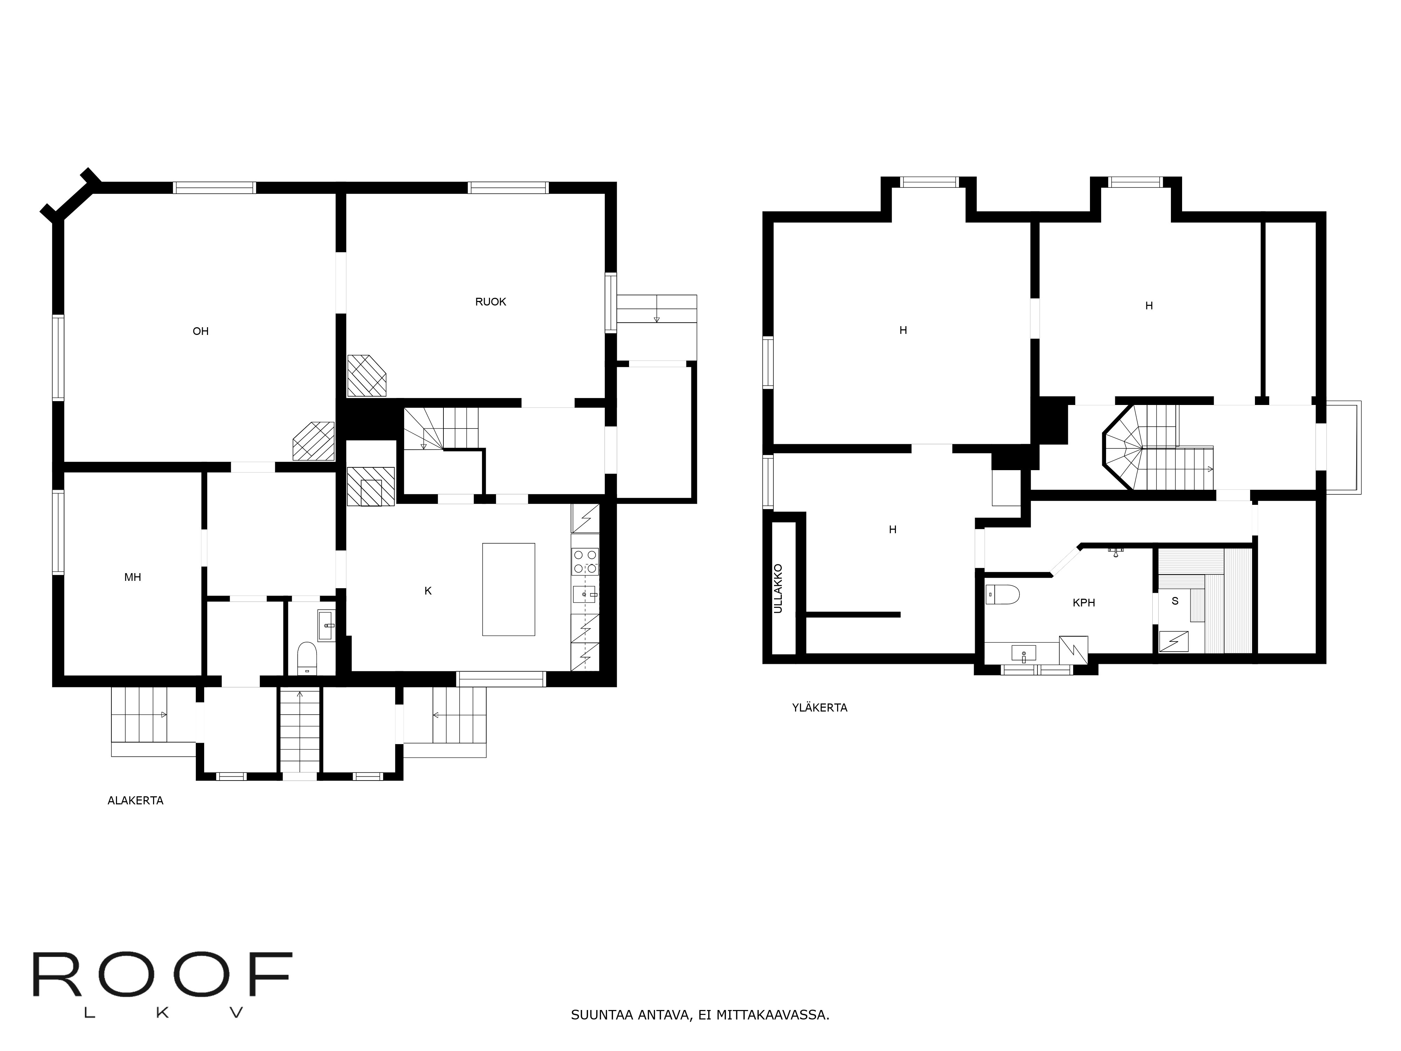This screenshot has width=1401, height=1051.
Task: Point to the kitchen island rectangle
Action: coord(509,589)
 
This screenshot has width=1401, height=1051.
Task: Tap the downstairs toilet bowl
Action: coord(306,658)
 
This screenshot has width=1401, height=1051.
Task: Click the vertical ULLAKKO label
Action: coord(778,589)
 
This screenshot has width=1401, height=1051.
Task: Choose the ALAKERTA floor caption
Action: coord(136,801)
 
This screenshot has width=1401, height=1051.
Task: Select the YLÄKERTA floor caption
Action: coord(820,708)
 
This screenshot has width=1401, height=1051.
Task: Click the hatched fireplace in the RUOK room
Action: coord(366,376)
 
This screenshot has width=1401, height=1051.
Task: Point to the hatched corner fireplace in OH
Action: coord(313,441)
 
